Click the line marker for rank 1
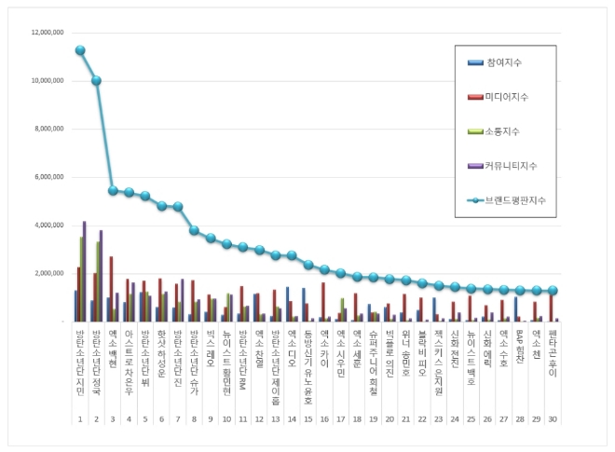click(80, 50)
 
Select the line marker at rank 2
click(96, 80)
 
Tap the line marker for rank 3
click(113, 190)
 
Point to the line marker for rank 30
click(553, 291)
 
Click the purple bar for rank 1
click(85, 271)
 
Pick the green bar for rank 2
click(98, 281)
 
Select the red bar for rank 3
click(111, 289)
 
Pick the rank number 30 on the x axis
click(553, 394)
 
